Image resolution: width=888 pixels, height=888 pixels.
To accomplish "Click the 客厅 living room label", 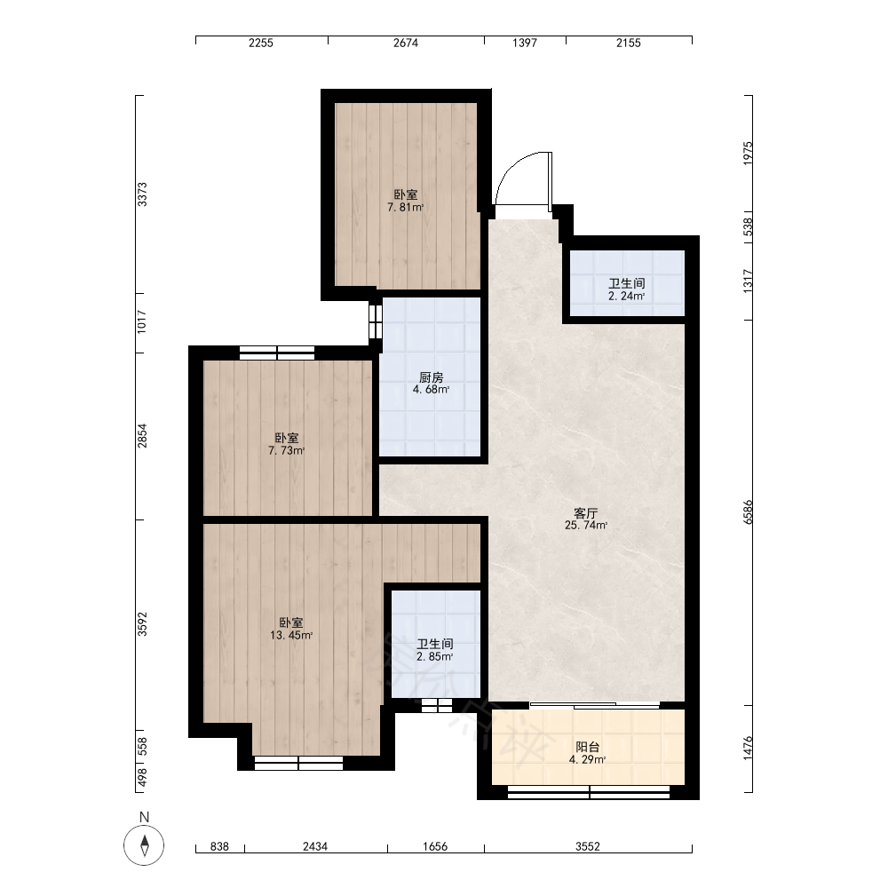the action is pyautogui.click(x=585, y=513).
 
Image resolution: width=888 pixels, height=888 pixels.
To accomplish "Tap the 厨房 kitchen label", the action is pyautogui.click(x=431, y=377).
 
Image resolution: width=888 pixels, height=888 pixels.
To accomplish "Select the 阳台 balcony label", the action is pyautogui.click(x=587, y=748).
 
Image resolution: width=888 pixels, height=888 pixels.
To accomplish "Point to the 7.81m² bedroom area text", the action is pyautogui.click(x=406, y=207).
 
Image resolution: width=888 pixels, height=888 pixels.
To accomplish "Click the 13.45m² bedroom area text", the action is pyautogui.click(x=291, y=636).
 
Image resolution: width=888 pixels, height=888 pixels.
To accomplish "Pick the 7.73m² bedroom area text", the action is pyautogui.click(x=287, y=451).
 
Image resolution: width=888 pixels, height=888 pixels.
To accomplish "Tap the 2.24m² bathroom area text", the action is pyautogui.click(x=626, y=296).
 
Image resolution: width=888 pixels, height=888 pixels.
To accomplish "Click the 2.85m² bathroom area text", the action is pyautogui.click(x=435, y=657).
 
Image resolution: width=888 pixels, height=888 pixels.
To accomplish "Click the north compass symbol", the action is pyautogui.click(x=144, y=846).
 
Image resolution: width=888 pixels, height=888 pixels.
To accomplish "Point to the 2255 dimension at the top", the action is pyautogui.click(x=261, y=43).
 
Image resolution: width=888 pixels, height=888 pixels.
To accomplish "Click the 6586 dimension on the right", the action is pyautogui.click(x=748, y=512).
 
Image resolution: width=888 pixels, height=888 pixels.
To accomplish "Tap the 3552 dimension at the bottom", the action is pyautogui.click(x=588, y=846).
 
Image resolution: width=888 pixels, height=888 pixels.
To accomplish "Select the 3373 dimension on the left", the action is pyautogui.click(x=142, y=194).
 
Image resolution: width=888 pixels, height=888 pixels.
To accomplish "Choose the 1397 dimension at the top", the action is pyautogui.click(x=525, y=43).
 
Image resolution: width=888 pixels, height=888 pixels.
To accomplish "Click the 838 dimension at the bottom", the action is pyautogui.click(x=219, y=846).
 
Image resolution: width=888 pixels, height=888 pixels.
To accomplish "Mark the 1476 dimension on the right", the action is pyautogui.click(x=748, y=748).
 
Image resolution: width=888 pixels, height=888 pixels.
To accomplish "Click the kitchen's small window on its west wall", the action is pyautogui.click(x=376, y=321).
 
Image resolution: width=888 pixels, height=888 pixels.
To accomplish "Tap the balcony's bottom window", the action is pyautogui.click(x=589, y=792).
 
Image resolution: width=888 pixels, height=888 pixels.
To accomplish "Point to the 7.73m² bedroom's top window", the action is pyautogui.click(x=277, y=353).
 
